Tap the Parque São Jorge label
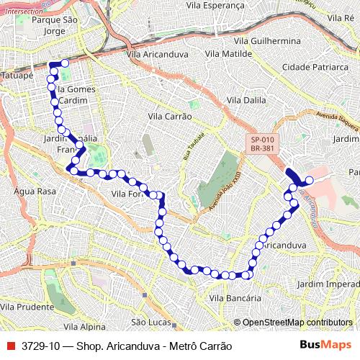[49, 26]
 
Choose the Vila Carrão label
[169, 115]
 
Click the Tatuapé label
[18, 74]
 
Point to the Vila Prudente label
[27, 307]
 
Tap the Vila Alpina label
[84, 326]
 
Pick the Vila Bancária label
[234, 297]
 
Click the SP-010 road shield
[263, 140]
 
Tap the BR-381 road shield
[263, 149]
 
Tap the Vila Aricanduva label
[156, 54]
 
